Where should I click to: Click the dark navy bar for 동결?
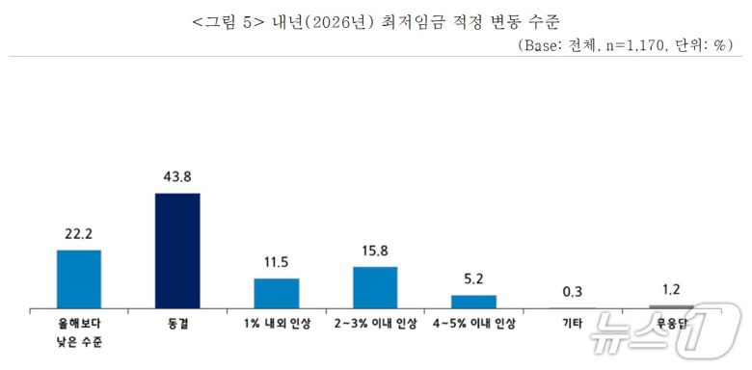177,250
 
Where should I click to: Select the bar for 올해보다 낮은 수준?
79,278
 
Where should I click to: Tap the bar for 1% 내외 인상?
277,292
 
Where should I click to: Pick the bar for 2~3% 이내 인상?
375,286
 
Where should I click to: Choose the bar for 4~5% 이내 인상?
473,301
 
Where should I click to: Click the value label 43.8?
177,178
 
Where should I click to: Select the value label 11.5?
277,263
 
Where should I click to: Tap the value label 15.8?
375,251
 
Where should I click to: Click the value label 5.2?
473,280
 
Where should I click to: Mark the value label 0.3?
573,292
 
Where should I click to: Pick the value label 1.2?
671,290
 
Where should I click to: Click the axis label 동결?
177,325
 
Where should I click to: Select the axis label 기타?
573,325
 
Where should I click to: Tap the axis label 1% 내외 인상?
277,325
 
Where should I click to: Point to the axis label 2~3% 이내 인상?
375,325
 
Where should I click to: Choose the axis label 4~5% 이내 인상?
473,325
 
